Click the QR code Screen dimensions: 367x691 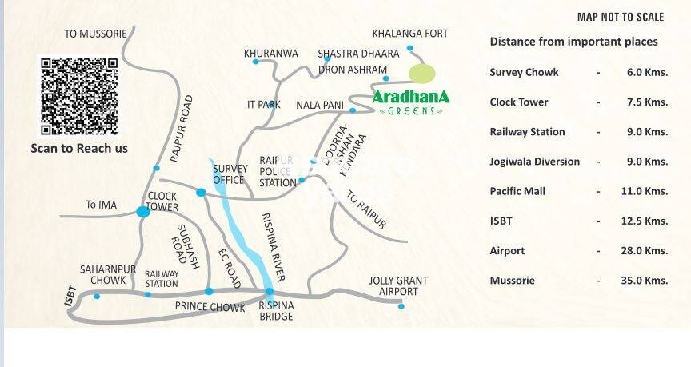coord(79,96)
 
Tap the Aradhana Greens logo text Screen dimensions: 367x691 coord(410,98)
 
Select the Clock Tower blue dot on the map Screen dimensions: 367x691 coord(143,212)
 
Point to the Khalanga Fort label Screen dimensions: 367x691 coord(410,34)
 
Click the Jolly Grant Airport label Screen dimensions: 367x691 coord(397,286)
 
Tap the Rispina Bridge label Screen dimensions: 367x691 coord(276,311)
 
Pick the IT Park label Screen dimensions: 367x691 coord(264,105)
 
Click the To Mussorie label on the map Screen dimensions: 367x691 coord(95,34)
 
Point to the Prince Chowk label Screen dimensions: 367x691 coord(210,307)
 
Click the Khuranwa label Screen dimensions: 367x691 coord(271,54)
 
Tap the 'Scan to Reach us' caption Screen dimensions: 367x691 coord(79,148)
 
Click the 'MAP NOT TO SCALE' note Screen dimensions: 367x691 coord(621,17)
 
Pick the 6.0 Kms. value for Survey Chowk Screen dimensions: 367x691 coord(647,73)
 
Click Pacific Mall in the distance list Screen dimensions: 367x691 coord(517,191)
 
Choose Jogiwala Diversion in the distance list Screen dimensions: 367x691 coord(534,162)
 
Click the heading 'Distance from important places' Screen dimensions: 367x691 coord(573,42)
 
